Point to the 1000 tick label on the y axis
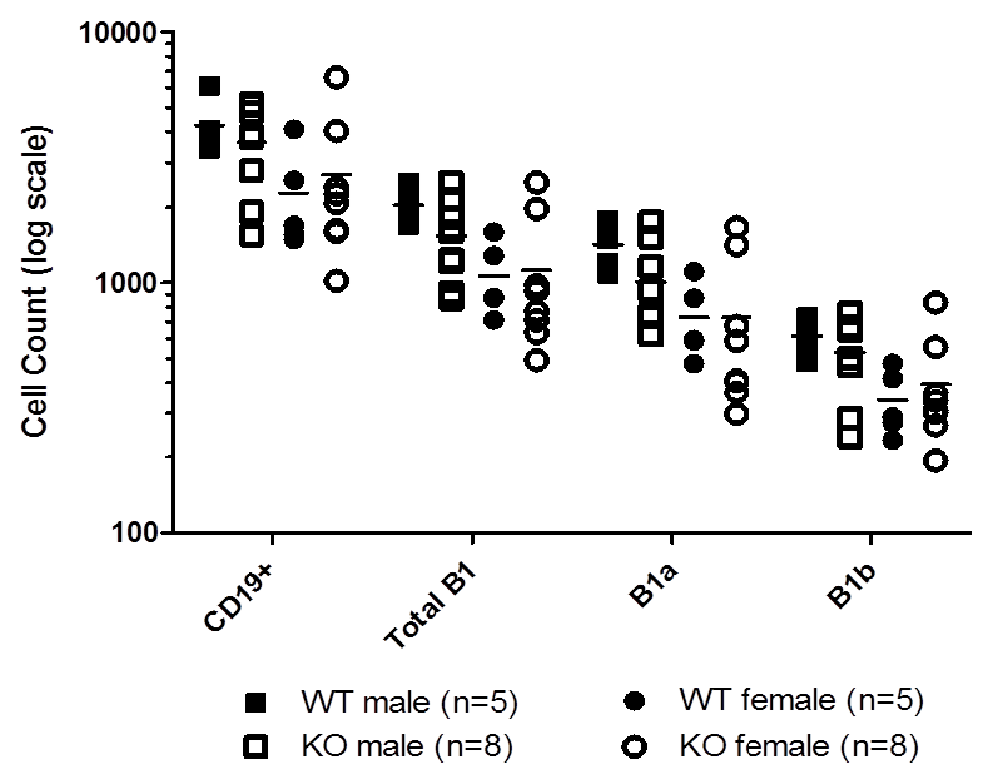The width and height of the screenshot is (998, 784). (x=127, y=282)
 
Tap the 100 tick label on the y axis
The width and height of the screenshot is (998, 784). (x=134, y=531)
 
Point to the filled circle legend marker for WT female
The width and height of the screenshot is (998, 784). (x=633, y=703)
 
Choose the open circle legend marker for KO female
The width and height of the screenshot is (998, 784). (x=633, y=746)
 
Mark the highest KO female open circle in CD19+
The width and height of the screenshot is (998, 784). (x=338, y=77)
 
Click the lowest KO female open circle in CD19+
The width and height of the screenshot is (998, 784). (x=338, y=281)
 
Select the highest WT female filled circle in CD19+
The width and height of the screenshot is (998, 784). (x=294, y=129)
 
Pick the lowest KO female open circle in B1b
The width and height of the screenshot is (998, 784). (x=935, y=460)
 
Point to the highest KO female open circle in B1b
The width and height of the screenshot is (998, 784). (x=935, y=302)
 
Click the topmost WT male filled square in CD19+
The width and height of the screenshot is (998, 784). (x=209, y=87)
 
